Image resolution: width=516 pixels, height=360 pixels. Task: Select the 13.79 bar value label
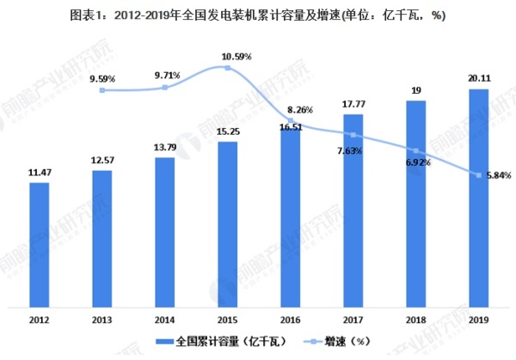click(x=165, y=150)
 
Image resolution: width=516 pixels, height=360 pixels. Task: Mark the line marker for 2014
click(x=165, y=88)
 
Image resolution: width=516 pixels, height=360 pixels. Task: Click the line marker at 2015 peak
click(x=228, y=68)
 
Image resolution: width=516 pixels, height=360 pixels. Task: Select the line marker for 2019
click(x=479, y=174)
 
